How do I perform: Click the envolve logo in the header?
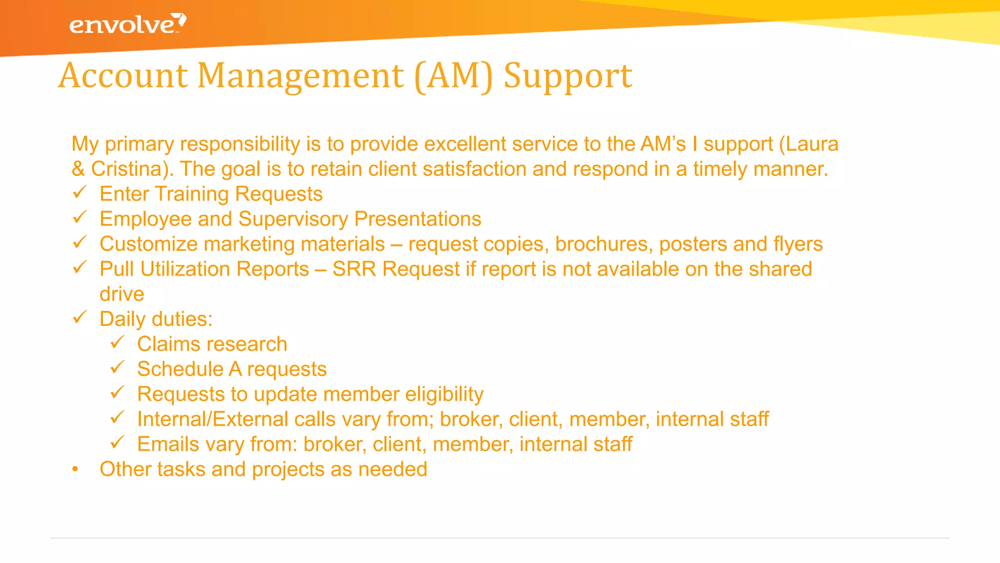click(x=127, y=24)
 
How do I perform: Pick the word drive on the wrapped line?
click(x=122, y=294)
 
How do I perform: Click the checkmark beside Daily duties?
click(x=80, y=318)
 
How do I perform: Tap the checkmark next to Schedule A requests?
click(x=117, y=368)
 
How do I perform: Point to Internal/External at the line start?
click(x=212, y=419)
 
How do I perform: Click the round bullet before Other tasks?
click(x=75, y=470)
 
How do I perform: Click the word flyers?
click(x=798, y=244)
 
